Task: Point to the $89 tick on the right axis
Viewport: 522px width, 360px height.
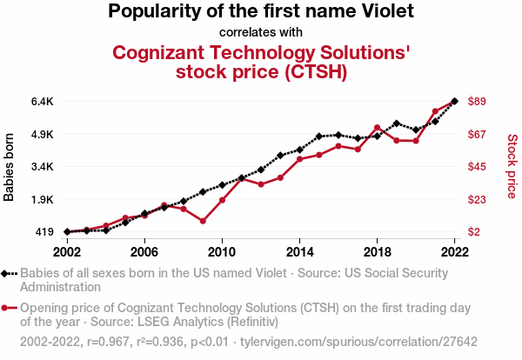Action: click(477, 101)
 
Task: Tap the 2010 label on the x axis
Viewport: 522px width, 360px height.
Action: click(222, 251)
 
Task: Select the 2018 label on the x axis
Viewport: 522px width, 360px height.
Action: click(377, 251)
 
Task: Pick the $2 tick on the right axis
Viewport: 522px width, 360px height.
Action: click(474, 231)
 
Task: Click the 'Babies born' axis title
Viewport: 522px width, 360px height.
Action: click(10, 167)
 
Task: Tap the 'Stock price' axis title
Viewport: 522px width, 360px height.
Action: click(512, 165)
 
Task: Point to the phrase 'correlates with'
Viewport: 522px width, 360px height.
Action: click(261, 32)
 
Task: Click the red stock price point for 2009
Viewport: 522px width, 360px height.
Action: click(203, 221)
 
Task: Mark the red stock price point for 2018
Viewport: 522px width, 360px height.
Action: click(377, 128)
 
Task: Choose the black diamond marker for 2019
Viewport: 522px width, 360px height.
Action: click(397, 123)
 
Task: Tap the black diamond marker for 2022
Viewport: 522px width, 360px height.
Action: click(454, 101)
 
